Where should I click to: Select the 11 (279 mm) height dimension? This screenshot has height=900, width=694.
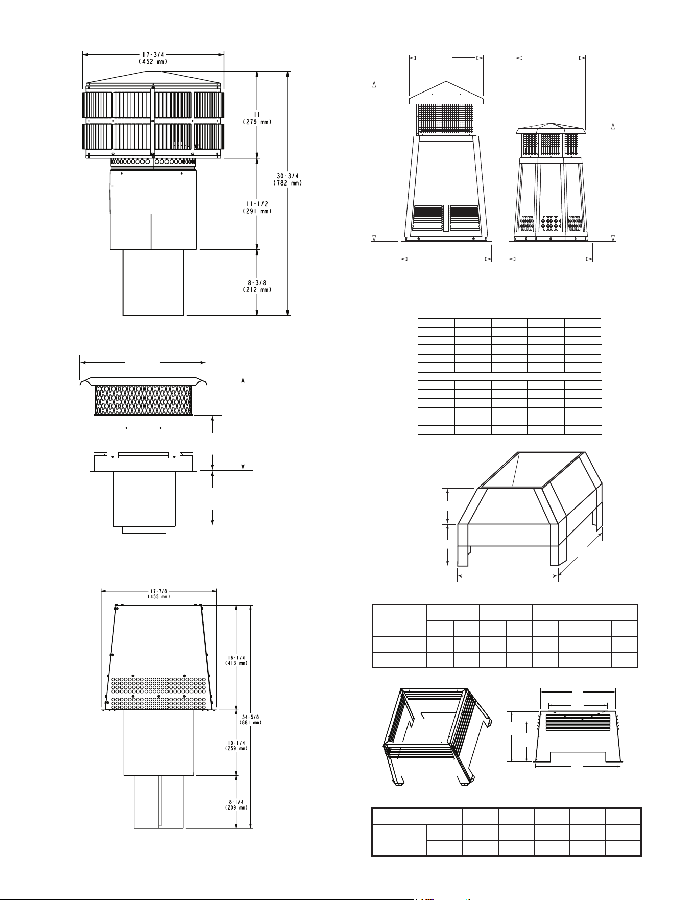pyautogui.click(x=256, y=119)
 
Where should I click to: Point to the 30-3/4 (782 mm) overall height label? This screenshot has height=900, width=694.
pyautogui.click(x=289, y=179)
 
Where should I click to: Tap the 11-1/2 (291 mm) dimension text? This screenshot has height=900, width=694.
pyautogui.click(x=256, y=207)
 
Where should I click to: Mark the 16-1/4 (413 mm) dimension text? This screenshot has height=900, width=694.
pyautogui.click(x=236, y=660)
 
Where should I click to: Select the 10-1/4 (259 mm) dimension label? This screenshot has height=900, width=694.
pyautogui.click(x=236, y=745)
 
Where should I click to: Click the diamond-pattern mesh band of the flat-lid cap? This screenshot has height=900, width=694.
pyautogui.click(x=143, y=400)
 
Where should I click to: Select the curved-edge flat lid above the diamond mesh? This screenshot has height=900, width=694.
pyautogui.click(x=143, y=381)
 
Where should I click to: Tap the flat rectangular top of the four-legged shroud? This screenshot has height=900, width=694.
pyautogui.click(x=534, y=469)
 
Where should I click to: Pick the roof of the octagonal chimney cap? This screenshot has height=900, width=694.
pyautogui.click(x=552, y=128)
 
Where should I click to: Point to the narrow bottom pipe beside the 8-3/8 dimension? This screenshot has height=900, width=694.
pyautogui.click(x=153, y=283)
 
